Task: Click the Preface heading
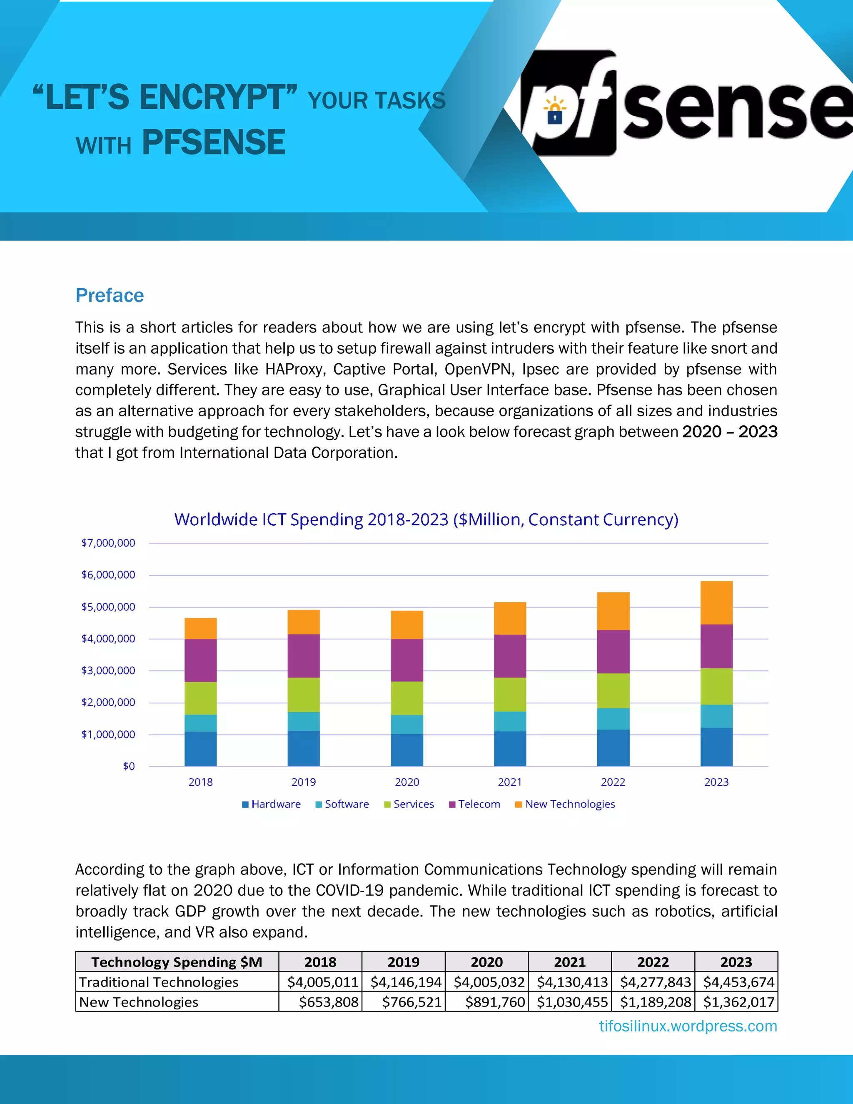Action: click(110, 295)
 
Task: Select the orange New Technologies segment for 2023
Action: click(716, 602)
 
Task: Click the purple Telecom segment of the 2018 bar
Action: click(201, 660)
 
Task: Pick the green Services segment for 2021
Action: click(510, 694)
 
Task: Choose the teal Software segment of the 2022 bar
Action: click(613, 718)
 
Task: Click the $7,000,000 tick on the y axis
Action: click(108, 543)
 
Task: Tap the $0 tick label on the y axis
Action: click(129, 766)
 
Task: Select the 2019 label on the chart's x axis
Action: click(304, 782)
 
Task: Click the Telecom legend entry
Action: click(474, 804)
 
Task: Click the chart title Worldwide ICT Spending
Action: click(426, 520)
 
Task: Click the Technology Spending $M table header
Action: click(177, 962)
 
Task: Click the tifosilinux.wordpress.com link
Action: click(688, 1026)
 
